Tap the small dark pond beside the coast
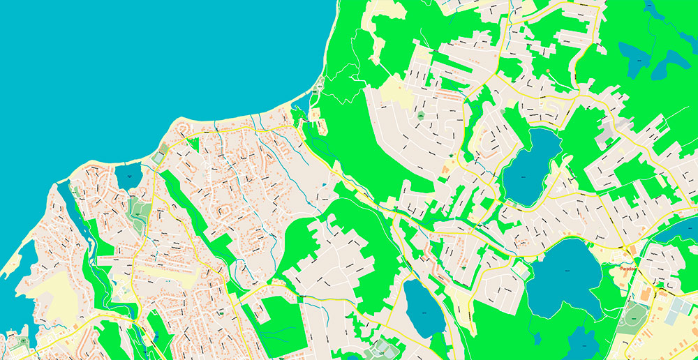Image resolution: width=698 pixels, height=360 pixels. coord(128,176)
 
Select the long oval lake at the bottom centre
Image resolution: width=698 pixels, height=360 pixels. coord(423,308)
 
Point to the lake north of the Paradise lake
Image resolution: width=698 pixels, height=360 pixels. coord(532,167)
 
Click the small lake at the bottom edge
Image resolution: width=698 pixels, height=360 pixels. coord(583,345)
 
